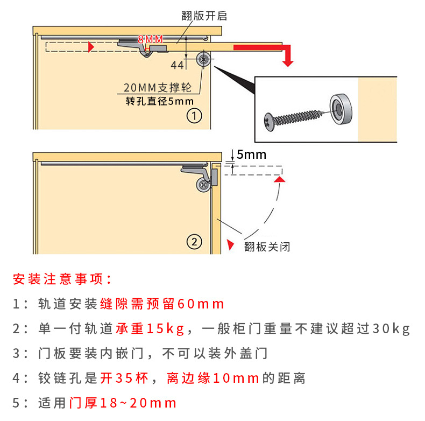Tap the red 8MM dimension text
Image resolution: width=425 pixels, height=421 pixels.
150,39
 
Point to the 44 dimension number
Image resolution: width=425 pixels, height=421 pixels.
177,65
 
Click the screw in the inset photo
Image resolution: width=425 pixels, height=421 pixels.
294,115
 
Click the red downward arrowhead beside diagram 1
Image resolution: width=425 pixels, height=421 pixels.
288,61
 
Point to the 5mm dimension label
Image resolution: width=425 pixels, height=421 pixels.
251,155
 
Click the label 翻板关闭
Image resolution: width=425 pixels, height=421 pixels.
267,247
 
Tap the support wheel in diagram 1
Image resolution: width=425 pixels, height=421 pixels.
204,60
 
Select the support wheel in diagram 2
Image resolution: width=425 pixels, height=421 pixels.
203,184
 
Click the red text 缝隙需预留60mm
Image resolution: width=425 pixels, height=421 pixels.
162,304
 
